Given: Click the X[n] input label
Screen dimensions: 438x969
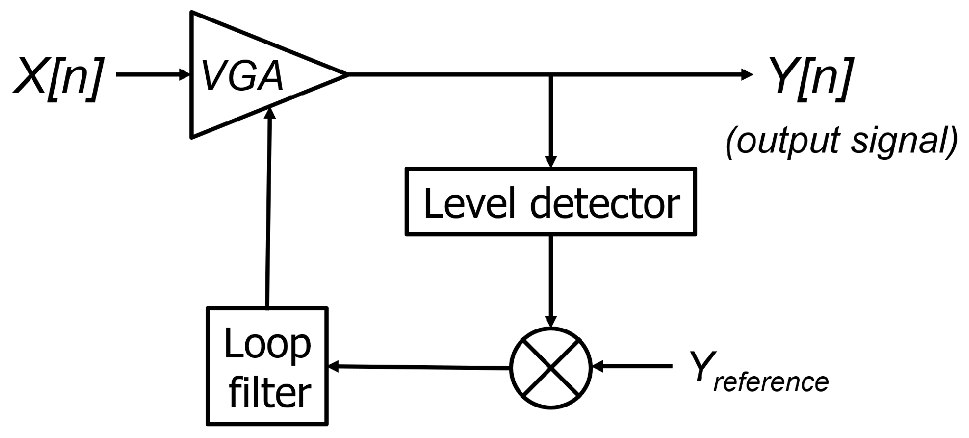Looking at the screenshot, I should tap(57, 75).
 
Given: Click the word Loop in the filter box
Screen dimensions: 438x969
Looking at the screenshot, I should tap(267, 344).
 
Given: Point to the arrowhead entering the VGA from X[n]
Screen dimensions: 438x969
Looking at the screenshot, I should tap(184, 74).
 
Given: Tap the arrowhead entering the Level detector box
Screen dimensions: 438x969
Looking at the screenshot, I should tap(551, 162).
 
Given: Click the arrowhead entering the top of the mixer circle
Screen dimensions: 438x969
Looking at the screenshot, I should tap(551, 321).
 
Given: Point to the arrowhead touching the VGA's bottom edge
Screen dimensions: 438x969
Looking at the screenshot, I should tap(271, 111).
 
